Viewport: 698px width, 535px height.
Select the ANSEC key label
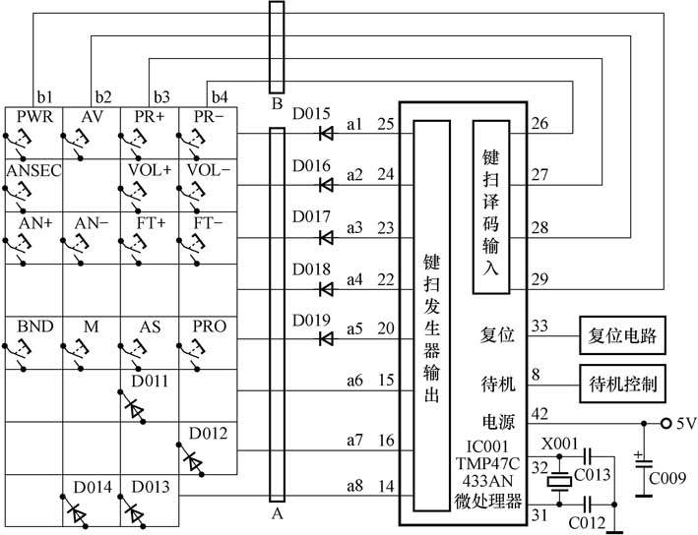[x=32, y=170]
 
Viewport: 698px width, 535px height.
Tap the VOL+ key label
[x=149, y=170]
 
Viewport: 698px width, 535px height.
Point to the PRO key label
[x=209, y=327]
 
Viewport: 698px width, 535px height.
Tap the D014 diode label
[x=91, y=487]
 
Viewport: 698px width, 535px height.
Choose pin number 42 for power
[x=539, y=413]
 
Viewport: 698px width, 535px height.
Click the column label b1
[x=43, y=96]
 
